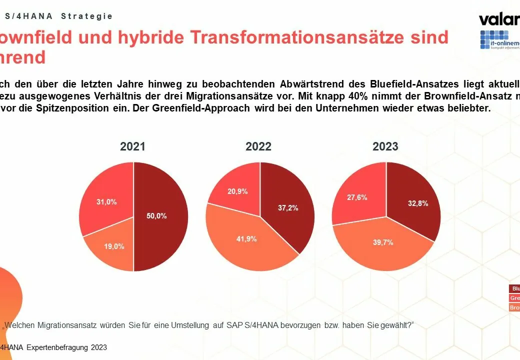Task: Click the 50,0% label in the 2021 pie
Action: coord(157,216)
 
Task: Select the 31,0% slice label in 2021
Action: coord(106,202)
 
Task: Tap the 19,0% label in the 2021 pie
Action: coord(114,246)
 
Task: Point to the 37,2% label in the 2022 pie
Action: coord(288,207)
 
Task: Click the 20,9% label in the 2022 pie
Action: coord(237,191)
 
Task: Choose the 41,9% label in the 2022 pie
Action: coord(246,239)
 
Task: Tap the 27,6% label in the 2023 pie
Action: coord(356,197)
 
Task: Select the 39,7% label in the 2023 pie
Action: coord(383,242)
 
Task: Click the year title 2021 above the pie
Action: coord(132,146)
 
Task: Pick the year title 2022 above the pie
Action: coord(258,146)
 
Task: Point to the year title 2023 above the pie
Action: coord(385,146)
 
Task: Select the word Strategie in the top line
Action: coord(87,16)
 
